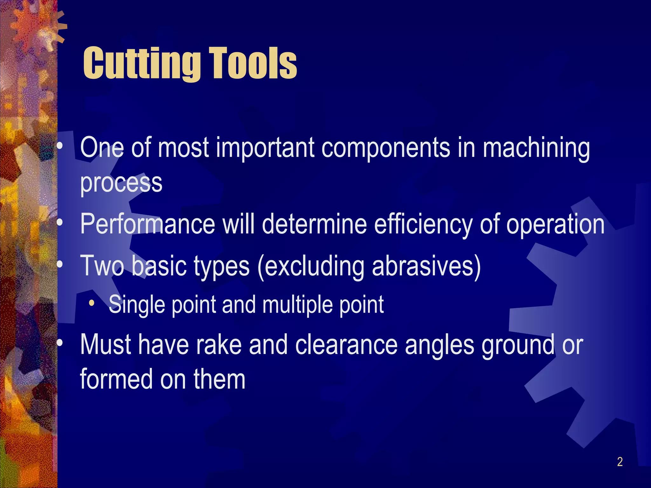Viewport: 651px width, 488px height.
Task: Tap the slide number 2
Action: pos(620,462)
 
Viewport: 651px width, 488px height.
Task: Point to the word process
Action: pos(121,184)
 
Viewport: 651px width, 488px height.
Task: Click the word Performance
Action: pos(147,224)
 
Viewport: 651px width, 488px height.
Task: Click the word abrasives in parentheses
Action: pos(426,266)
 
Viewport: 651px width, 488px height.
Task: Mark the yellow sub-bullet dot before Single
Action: pos(92,303)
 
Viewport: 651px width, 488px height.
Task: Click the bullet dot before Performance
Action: pos(60,224)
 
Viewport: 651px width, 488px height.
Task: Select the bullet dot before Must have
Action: pos(60,344)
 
